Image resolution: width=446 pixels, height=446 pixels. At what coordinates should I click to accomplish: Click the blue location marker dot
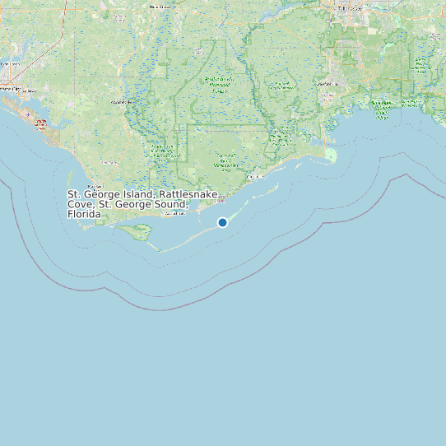click(222, 222)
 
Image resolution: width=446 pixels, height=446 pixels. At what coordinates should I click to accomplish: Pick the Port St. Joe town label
click(95, 187)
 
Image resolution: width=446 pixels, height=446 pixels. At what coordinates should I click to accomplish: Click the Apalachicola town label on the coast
click(176, 213)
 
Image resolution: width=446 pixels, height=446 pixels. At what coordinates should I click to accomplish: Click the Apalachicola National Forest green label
click(218, 83)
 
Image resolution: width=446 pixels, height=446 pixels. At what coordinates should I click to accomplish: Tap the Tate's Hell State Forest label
click(225, 161)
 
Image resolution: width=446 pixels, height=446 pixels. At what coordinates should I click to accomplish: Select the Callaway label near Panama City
click(28, 91)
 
